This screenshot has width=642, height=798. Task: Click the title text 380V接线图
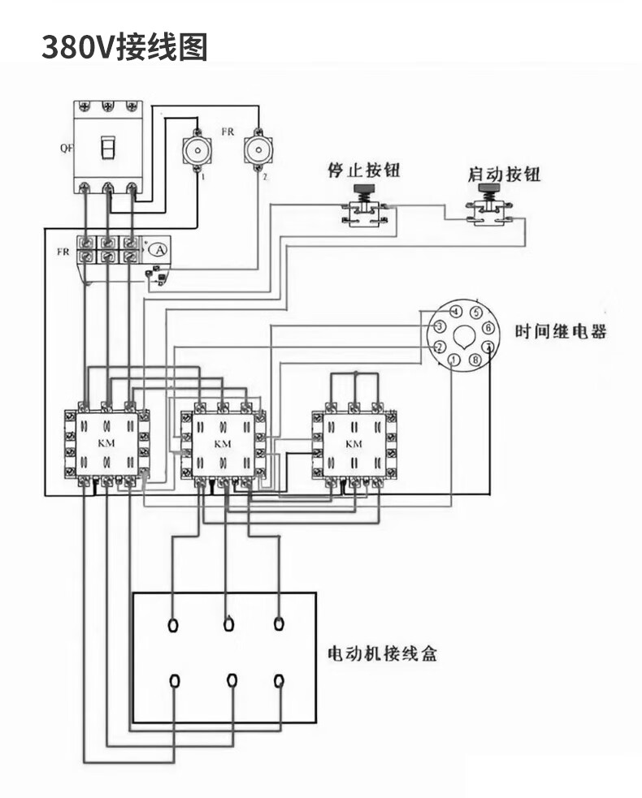tap(124, 47)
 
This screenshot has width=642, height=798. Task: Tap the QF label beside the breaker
tap(65, 149)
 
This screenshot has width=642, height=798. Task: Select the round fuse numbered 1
tap(197, 149)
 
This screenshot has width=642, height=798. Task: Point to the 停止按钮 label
tap(364, 171)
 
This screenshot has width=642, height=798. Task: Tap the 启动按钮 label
tap(504, 175)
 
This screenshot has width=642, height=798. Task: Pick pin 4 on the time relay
tap(456, 312)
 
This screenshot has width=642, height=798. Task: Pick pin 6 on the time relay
tap(488, 327)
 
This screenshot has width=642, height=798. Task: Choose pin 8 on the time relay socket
tap(475, 360)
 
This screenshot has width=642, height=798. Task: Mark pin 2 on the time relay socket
tap(439, 347)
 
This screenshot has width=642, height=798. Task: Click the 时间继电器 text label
tap(561, 332)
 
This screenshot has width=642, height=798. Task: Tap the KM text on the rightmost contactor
tap(354, 444)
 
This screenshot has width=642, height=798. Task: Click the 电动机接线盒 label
tap(381, 653)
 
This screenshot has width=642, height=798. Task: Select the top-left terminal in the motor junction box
tap(172, 625)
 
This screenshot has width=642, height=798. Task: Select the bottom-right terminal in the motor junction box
tap(280, 680)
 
